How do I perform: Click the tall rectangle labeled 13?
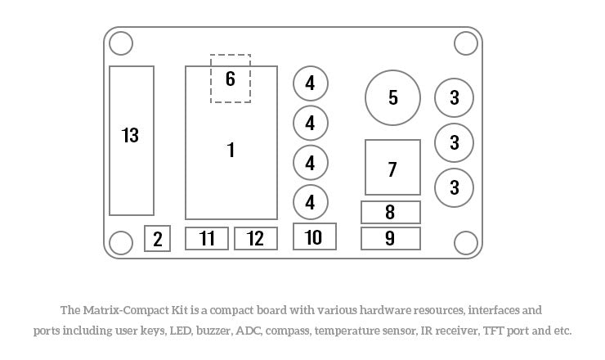tap(131, 140)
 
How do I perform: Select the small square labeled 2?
tap(158, 239)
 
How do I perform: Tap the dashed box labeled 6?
tap(231, 79)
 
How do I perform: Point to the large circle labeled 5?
tap(392, 97)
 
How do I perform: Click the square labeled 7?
tap(392, 168)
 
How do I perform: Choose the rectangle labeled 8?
tap(391, 212)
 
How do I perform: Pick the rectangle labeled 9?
tap(391, 238)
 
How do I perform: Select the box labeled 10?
tap(314, 236)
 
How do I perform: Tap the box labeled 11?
tap(207, 238)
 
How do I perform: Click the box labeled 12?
tap(256, 238)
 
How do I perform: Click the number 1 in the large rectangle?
tap(231, 150)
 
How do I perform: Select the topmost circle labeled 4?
tap(311, 83)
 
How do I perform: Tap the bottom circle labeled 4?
tap(311, 201)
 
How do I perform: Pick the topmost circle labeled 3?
tap(455, 98)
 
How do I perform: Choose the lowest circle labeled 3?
tap(455, 187)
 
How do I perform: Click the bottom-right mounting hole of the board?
tap(465, 242)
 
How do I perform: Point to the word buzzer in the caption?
tap(213, 331)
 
